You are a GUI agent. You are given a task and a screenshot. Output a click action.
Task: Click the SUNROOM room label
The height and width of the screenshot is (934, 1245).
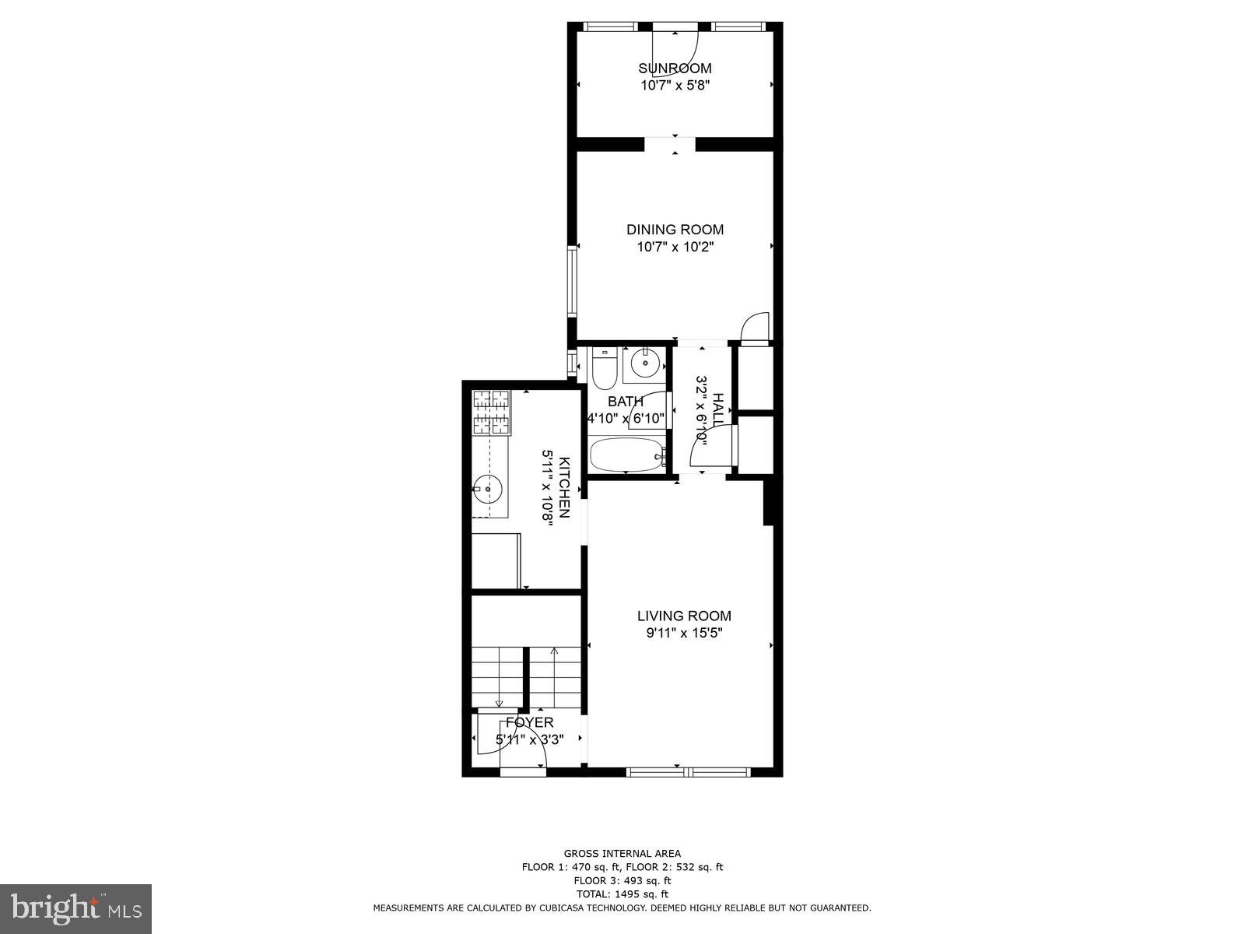click(675, 68)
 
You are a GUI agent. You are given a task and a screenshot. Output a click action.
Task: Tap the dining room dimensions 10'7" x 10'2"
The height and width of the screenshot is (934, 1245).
click(675, 247)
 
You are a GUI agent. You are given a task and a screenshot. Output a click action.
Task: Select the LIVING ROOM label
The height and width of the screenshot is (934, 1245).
click(684, 616)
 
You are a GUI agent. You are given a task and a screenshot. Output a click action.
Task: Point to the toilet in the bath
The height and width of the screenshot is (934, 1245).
click(605, 370)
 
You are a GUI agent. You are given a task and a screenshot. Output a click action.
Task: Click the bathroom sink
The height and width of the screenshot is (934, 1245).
click(644, 363)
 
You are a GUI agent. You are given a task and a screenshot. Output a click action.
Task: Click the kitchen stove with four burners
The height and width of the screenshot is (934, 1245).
click(491, 412)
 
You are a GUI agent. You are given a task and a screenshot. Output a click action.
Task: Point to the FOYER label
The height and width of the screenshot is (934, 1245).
click(529, 722)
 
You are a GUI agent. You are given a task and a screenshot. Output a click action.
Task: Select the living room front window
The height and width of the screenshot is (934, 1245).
click(688, 772)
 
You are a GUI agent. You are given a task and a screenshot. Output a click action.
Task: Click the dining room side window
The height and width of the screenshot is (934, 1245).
click(572, 280)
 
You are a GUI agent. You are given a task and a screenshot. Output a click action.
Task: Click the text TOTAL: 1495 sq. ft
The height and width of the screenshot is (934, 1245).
click(622, 894)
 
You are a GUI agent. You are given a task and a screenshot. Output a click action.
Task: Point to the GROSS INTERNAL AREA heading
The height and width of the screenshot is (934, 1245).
click(622, 854)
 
